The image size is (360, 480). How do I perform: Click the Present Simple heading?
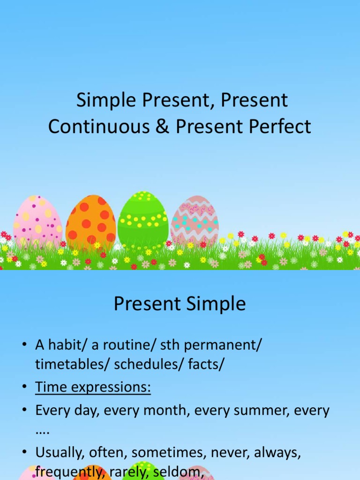coord(180,304)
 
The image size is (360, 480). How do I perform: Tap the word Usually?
coord(59,452)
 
